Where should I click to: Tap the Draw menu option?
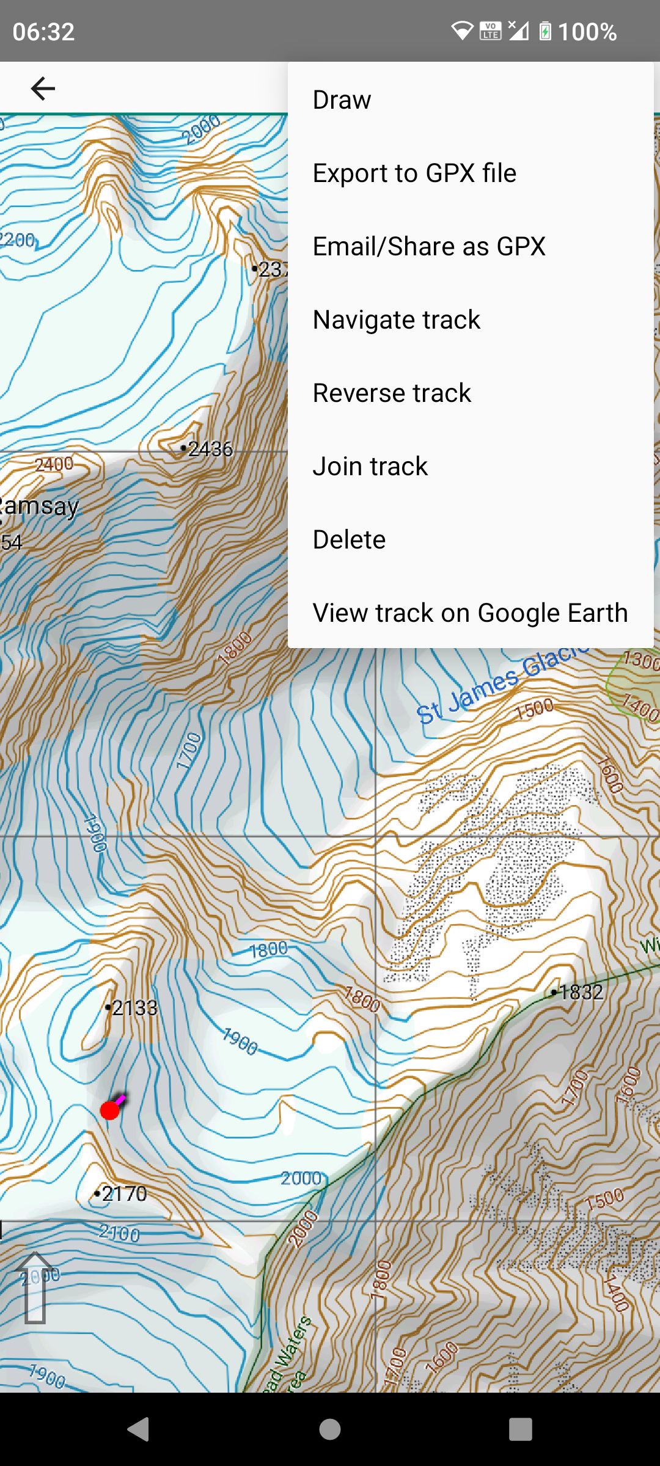[342, 100]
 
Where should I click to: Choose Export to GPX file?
[414, 173]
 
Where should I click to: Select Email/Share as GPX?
[429, 247]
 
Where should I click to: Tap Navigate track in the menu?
[397, 320]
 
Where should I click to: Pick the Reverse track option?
[392, 393]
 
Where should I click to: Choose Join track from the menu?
[370, 467]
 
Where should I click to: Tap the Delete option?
[349, 540]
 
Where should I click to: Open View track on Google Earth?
[470, 613]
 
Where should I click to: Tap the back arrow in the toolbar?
[43, 89]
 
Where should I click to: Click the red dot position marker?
[110, 1110]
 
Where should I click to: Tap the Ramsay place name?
[40, 506]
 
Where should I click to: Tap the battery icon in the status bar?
[545, 31]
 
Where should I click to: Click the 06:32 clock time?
[43, 32]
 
